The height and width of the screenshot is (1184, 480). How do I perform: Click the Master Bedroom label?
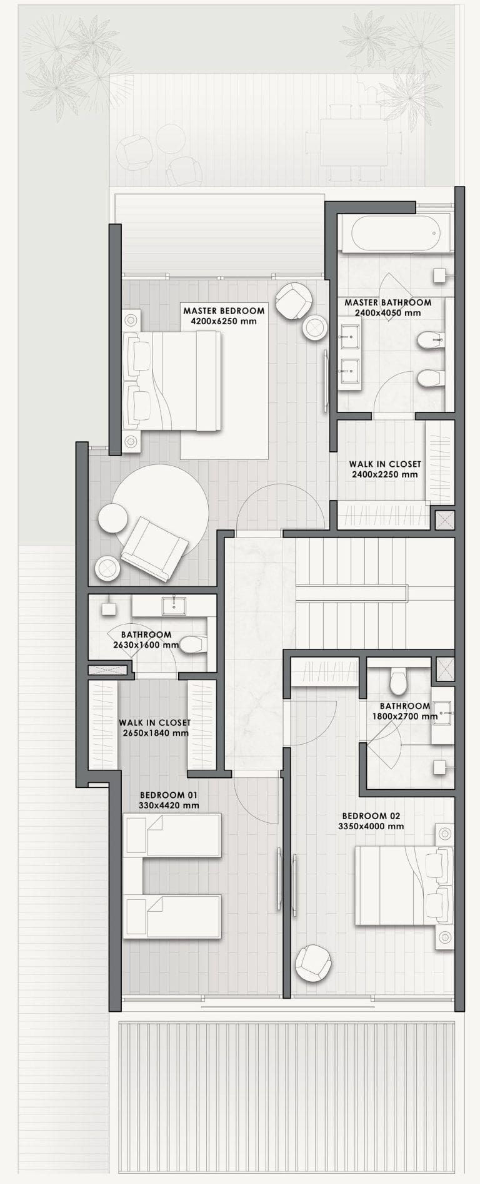tap(224, 310)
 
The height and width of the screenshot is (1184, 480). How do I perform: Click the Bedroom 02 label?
tap(371, 816)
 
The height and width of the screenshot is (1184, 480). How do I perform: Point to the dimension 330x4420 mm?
tap(169, 805)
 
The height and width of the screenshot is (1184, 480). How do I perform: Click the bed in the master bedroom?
tap(172, 380)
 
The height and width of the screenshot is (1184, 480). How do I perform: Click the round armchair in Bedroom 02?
tap(313, 963)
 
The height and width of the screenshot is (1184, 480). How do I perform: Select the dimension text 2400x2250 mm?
tap(384, 474)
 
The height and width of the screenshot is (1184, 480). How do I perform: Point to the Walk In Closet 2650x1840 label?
tap(154, 727)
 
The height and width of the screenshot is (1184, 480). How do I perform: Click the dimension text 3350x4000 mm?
tap(371, 826)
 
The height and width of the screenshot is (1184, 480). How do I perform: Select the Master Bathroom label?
tap(388, 302)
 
